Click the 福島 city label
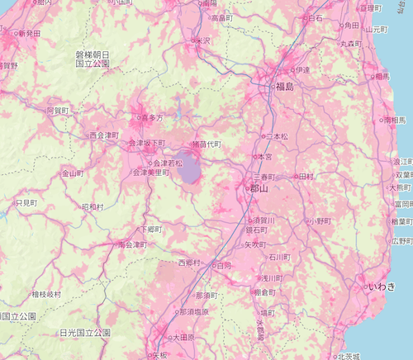pyautogui.click(x=285, y=85)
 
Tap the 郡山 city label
pyautogui.click(x=260, y=189)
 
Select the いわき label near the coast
pyautogui.click(x=382, y=286)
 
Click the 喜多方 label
pyautogui.click(x=154, y=118)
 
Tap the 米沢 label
pyautogui.click(x=203, y=40)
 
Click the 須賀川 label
pyautogui.click(x=263, y=220)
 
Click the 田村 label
pyautogui.click(x=306, y=177)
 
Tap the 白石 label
pyautogui.click(x=315, y=17)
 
